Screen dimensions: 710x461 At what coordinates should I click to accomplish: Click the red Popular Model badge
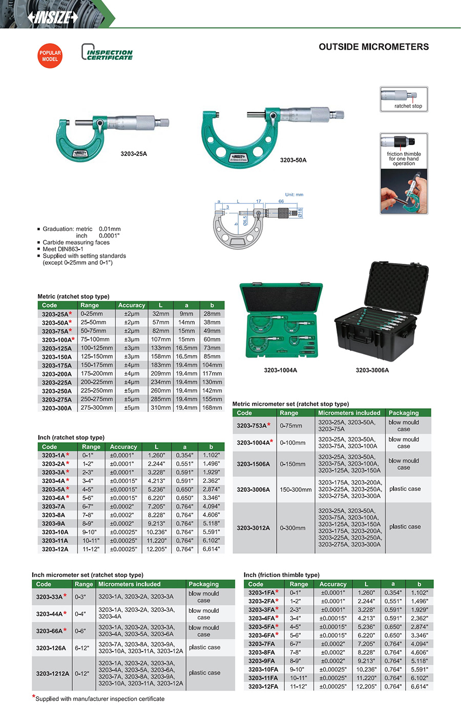coord(50,56)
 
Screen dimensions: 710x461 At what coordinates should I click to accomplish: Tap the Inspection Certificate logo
coord(107,53)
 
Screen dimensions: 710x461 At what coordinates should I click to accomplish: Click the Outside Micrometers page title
coord(373,47)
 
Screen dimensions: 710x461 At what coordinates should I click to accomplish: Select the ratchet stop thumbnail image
coord(404,99)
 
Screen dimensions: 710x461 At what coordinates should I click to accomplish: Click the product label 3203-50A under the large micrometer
coord(293,160)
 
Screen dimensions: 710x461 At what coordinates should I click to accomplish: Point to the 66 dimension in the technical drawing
coord(281,201)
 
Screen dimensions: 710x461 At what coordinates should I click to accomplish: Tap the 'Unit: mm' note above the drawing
coord(294,195)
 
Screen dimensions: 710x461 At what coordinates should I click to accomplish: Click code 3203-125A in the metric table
coord(57,348)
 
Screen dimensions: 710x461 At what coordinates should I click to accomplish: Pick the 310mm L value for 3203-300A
coord(160,408)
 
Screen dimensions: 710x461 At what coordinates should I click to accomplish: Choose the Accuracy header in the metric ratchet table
coord(132,305)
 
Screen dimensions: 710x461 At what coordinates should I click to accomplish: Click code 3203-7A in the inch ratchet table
coord(53,507)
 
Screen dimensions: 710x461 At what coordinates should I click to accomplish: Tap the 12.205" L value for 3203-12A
coord(156,549)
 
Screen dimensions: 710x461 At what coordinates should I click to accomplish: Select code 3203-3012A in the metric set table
coord(253,528)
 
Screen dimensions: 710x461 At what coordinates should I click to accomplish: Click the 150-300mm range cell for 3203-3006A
coord(296,489)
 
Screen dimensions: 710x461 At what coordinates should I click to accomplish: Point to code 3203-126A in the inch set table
coord(51,648)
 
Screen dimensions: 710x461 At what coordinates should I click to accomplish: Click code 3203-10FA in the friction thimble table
coord(263,670)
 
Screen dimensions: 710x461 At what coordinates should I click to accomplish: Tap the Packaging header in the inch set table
coord(203,584)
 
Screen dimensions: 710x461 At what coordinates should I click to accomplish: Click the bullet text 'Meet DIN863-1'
coord(63,249)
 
